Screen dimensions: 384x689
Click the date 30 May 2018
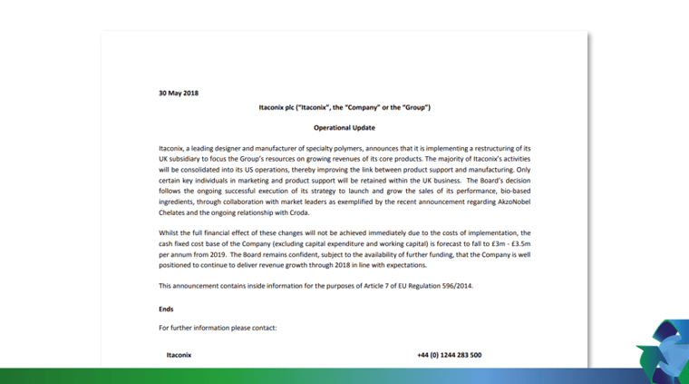click(x=179, y=93)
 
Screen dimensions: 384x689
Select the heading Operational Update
click(x=344, y=128)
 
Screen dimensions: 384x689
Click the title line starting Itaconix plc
click(x=344, y=108)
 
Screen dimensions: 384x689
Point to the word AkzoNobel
click(x=513, y=202)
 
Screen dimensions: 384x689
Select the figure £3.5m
click(x=517, y=243)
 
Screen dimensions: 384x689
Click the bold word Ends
click(x=166, y=309)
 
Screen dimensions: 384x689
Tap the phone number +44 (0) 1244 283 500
click(x=449, y=355)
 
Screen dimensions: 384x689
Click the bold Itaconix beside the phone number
click(x=179, y=355)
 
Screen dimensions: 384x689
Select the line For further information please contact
click(x=218, y=328)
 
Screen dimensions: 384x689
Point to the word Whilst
click(x=170, y=232)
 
